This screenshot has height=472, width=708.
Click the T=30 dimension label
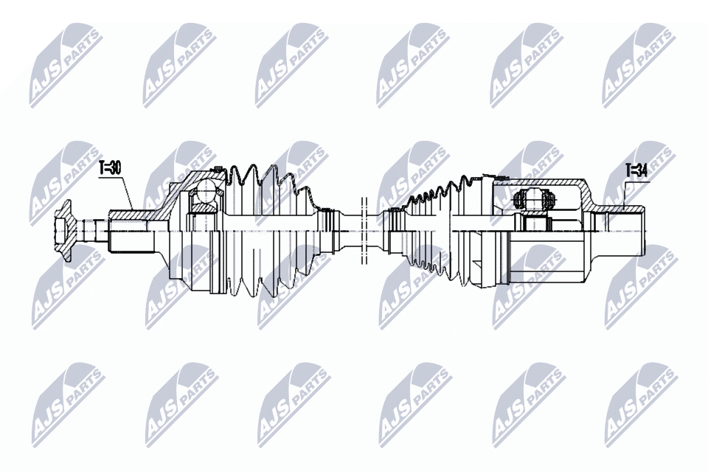(109, 167)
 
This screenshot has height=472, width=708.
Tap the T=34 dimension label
(636, 170)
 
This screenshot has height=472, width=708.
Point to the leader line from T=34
(624, 193)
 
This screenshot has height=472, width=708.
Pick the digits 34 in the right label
(641, 170)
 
